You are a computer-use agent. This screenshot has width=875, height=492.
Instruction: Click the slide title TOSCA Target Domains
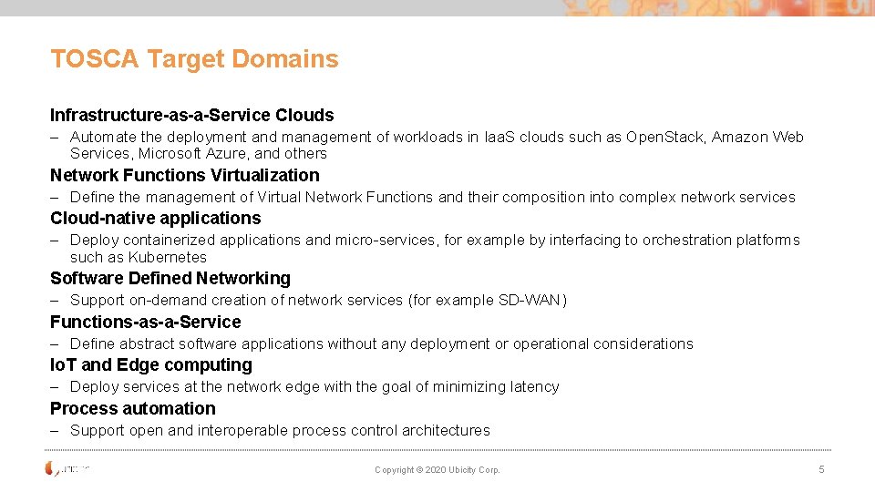click(x=194, y=59)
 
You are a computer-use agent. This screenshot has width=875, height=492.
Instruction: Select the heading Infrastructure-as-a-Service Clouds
click(x=191, y=115)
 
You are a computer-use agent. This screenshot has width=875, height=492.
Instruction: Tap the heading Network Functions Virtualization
click(x=184, y=175)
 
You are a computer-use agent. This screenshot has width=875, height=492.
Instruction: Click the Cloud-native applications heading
click(x=155, y=218)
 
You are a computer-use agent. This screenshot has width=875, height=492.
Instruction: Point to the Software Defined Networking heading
click(x=170, y=278)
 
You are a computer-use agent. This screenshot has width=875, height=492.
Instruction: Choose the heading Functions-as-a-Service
click(x=145, y=322)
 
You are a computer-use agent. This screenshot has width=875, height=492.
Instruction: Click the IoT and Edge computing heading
click(x=150, y=364)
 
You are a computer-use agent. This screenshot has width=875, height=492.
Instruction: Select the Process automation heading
click(x=132, y=408)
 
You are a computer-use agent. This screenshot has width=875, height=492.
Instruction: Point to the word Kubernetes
click(x=167, y=257)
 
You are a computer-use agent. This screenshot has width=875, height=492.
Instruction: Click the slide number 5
click(x=821, y=469)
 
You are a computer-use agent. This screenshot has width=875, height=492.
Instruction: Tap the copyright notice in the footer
click(x=437, y=470)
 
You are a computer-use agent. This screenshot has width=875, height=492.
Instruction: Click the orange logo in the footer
click(x=52, y=468)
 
